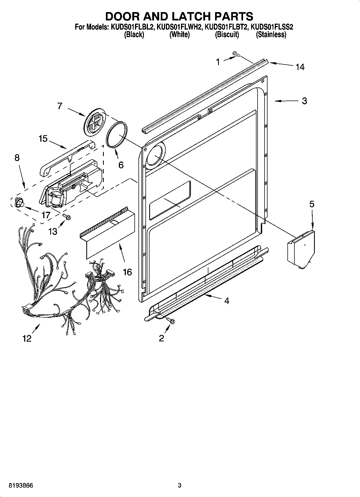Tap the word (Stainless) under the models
click(271, 34)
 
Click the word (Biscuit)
click(227, 34)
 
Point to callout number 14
click(300, 67)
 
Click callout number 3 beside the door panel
click(304, 101)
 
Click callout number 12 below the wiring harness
click(27, 338)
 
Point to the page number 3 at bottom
click(180, 485)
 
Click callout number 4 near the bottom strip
click(227, 301)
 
